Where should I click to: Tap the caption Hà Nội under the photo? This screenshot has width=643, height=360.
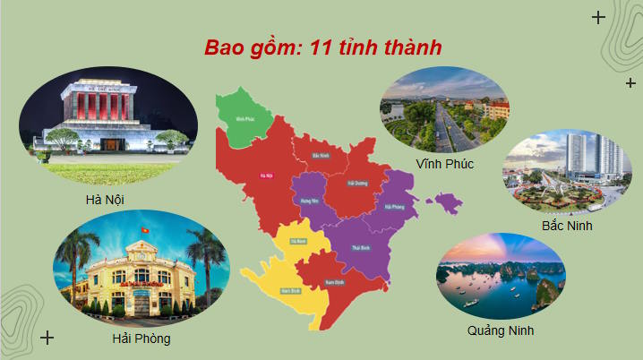click(99, 198)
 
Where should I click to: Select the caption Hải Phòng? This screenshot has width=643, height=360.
click(141, 339)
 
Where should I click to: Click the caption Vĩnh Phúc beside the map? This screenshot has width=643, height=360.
click(445, 164)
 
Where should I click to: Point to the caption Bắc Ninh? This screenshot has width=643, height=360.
click(567, 226)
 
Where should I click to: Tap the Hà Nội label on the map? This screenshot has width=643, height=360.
click(265, 176)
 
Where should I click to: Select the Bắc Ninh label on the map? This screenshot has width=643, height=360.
click(316, 156)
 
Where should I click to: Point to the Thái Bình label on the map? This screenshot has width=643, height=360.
click(361, 247)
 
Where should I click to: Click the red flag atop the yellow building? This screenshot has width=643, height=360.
click(141, 232)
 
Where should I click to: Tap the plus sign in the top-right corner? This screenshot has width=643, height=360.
click(598, 16)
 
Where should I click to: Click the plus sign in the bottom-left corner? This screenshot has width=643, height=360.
click(48, 337)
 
